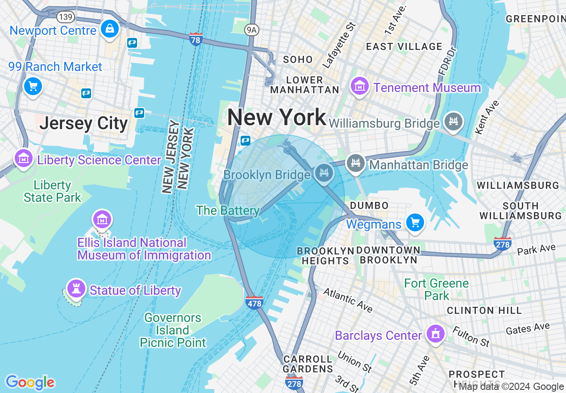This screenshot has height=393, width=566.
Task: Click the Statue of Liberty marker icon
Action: pyautogui.click(x=76, y=288)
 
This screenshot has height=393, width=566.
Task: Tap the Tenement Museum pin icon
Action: pyautogui.click(x=359, y=86)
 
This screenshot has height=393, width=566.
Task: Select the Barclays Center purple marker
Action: pyautogui.click(x=434, y=334)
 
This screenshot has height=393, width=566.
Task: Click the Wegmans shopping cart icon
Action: pyautogui.click(x=415, y=222)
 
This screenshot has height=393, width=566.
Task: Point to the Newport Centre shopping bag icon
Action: pyautogui.click(x=109, y=29)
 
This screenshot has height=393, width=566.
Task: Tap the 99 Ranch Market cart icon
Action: pyautogui.click(x=33, y=86)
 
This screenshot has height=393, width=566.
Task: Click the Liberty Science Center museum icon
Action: pyautogui.click(x=23, y=158)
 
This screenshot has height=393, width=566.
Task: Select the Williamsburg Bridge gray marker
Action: pyautogui.click(x=454, y=121)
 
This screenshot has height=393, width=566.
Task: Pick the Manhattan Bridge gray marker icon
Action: pyautogui.click(x=356, y=163)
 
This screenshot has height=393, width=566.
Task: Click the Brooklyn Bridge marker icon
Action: pyautogui.click(x=324, y=173)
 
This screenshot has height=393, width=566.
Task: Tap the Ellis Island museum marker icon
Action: pyautogui.click(x=102, y=220)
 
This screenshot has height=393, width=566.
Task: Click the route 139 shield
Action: pyautogui.click(x=65, y=17)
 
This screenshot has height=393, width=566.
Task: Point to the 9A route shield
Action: pyautogui.click(x=252, y=29)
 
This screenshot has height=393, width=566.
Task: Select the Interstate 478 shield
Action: pyautogui.click(x=254, y=302)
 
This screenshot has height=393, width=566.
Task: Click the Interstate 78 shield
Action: pyautogui.click(x=196, y=38)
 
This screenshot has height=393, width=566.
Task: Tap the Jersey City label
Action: pyautogui.click(x=83, y=123)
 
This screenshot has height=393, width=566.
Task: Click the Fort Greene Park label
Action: pyautogui.click(x=437, y=289)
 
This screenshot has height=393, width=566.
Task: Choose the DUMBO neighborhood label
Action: pyautogui.click(x=369, y=205)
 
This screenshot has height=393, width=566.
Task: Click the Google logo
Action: pyautogui.click(x=30, y=382)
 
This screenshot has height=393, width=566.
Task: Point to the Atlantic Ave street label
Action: pyautogui.click(x=348, y=299)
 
